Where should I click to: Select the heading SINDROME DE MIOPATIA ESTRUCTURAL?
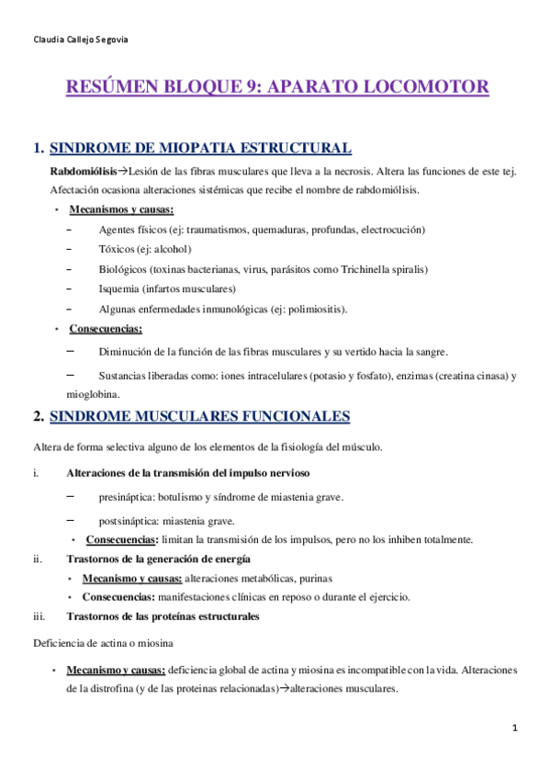click(199, 148)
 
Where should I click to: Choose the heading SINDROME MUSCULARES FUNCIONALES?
click(199, 417)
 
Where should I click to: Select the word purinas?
click(311, 578)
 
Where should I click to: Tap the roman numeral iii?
click(38, 615)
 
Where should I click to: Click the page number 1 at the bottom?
click(516, 728)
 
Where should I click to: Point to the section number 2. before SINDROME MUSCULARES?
click(38, 417)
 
